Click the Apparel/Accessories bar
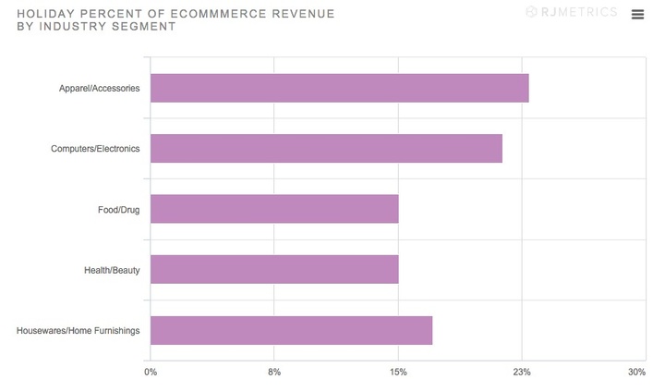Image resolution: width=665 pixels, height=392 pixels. click(339, 88)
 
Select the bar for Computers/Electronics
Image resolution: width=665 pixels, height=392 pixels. click(326, 148)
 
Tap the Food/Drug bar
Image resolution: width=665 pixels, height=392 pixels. click(274, 209)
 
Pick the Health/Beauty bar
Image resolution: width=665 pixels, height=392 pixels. click(274, 269)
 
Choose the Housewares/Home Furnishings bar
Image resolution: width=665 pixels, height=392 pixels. click(291, 330)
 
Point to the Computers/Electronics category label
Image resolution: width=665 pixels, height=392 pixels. click(95, 149)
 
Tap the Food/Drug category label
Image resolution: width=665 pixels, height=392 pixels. click(118, 210)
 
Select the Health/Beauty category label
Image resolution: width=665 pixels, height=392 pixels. click(112, 270)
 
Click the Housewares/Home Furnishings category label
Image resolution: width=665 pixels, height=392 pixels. click(79, 330)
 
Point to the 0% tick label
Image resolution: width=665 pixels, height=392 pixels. click(151, 372)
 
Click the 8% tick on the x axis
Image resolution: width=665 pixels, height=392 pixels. click(274, 372)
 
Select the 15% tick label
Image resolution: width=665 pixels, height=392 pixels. click(398, 372)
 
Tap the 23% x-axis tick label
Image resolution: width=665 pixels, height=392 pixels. click(522, 372)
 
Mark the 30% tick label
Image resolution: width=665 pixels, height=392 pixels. click(636, 372)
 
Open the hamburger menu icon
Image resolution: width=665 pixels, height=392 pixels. click(637, 14)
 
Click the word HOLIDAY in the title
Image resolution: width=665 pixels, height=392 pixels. click(44, 14)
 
